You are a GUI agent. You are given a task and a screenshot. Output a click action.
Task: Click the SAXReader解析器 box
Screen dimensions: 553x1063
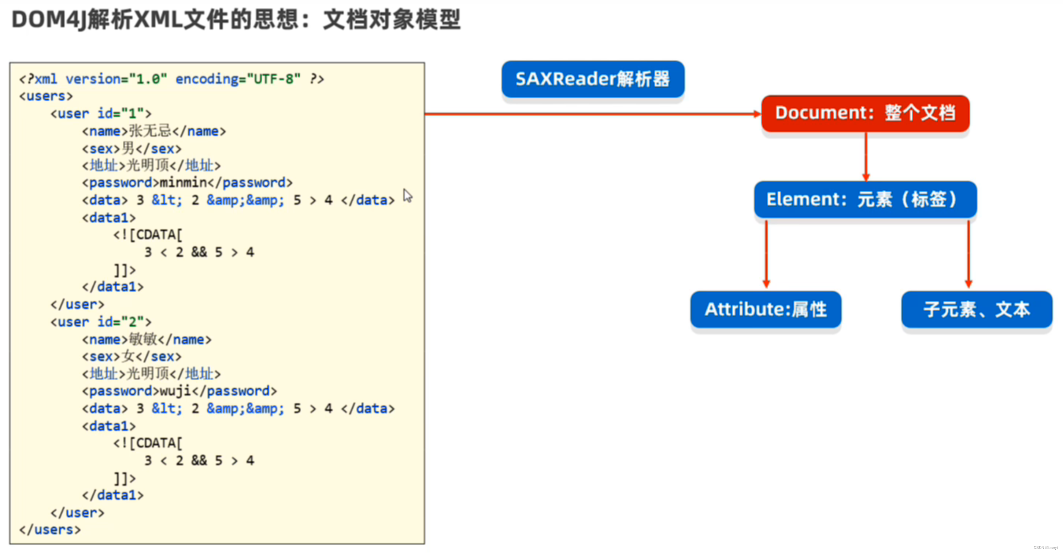coord(593,79)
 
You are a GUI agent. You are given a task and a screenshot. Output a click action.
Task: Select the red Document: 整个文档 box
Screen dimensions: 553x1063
coord(865,113)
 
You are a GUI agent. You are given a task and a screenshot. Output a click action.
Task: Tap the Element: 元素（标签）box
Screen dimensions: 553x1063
coord(865,199)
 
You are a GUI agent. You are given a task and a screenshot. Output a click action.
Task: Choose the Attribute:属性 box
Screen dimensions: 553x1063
coord(766,310)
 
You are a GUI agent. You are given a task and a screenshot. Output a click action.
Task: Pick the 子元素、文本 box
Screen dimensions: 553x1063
coord(976,310)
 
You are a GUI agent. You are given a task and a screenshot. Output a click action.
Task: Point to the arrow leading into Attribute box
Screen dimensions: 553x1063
coord(766,254)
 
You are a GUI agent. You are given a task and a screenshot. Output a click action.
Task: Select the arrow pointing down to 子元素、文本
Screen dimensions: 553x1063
coord(968,254)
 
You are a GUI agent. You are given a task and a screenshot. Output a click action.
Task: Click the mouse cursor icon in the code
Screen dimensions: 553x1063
coord(408,196)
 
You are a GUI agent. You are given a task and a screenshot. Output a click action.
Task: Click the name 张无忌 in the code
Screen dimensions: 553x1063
coord(150,131)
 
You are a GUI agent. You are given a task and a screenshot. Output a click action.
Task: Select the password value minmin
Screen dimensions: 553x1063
coord(183,183)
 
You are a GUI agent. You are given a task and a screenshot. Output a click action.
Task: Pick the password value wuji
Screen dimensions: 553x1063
coord(175,391)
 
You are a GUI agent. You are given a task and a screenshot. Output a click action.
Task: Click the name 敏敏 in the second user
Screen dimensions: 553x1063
coord(143,340)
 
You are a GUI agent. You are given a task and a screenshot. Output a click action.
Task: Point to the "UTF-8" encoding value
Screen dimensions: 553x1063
coord(274,79)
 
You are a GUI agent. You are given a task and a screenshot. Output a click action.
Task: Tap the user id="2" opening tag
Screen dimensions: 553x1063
coord(101,322)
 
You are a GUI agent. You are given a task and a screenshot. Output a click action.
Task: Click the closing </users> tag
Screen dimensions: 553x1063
coord(50,530)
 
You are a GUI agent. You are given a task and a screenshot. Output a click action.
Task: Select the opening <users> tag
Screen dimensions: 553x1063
coord(46,96)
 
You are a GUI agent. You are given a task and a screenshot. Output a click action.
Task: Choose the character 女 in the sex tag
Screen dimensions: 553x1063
coord(128,356)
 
